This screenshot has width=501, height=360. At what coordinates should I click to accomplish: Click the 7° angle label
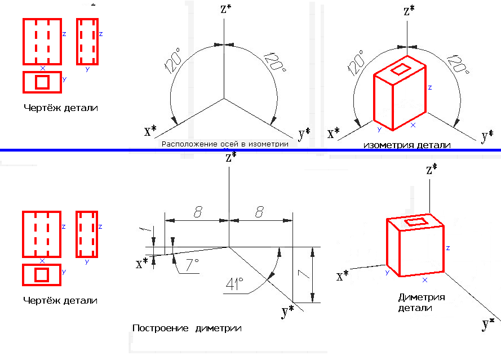190,264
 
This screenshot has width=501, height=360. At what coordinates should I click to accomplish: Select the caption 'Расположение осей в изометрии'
225,144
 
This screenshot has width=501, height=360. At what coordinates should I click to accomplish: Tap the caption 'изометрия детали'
407,145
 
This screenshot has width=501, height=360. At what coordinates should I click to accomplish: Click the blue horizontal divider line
250,150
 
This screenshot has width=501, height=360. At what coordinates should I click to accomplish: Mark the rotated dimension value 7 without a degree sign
302,274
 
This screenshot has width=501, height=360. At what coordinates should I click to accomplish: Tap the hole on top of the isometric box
401,69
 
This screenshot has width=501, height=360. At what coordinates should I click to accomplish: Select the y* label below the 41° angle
288,312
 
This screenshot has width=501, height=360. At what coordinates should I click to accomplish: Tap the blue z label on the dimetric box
447,248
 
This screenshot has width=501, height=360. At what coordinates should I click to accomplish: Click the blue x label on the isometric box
413,125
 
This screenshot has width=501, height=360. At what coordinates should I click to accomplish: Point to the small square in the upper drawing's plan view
42,82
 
